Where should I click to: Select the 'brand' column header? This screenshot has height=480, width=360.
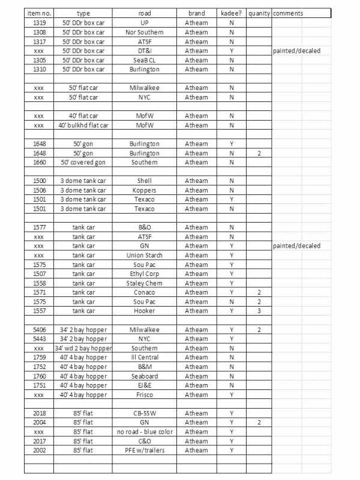[x=196, y=13]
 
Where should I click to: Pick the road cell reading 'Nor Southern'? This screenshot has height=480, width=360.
[x=144, y=32]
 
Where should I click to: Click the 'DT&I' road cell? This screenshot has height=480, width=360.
[x=144, y=51]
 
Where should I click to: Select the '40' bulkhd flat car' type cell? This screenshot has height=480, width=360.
[x=83, y=125]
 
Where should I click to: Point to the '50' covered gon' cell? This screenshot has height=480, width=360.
[x=83, y=163]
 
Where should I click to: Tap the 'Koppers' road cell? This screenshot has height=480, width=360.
[x=144, y=190]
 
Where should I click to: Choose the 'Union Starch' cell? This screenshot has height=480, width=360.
[x=144, y=255]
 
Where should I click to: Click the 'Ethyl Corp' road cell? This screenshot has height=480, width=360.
[x=144, y=274]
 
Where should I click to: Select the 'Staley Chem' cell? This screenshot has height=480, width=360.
[x=144, y=283]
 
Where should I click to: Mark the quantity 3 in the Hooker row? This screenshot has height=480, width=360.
[x=259, y=311]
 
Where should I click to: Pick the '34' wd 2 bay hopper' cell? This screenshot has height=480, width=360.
[x=83, y=348]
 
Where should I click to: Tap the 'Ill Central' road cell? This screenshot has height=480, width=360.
[x=144, y=358]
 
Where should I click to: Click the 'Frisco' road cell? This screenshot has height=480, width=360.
[x=144, y=395]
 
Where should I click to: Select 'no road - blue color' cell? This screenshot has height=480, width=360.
[x=144, y=432]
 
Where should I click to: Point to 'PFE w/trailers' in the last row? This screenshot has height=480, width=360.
[x=144, y=451]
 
